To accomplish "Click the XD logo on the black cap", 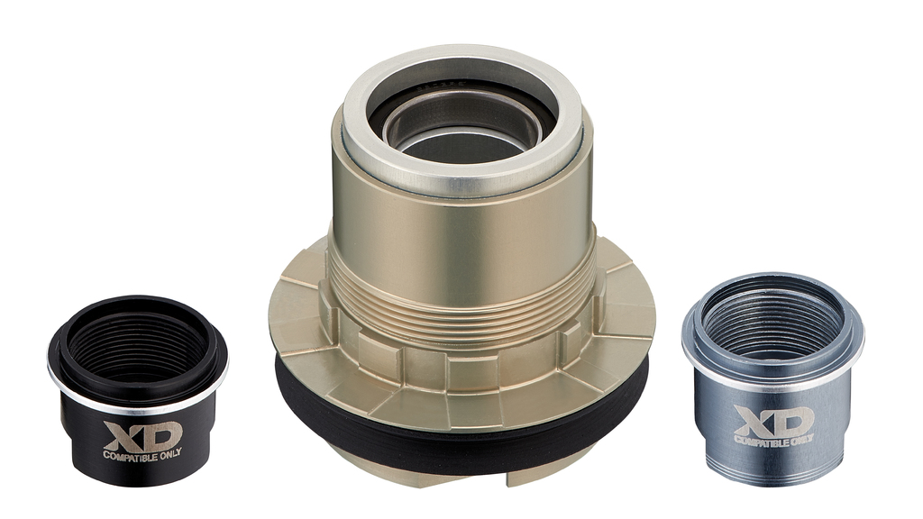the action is tap(142, 435).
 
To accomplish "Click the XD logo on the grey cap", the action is tap(773, 421).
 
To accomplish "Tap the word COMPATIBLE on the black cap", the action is tap(129, 455).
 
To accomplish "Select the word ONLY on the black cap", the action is tap(169, 453).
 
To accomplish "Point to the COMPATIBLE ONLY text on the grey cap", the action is tap(773, 440).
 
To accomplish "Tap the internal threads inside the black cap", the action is tap(137, 347).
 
